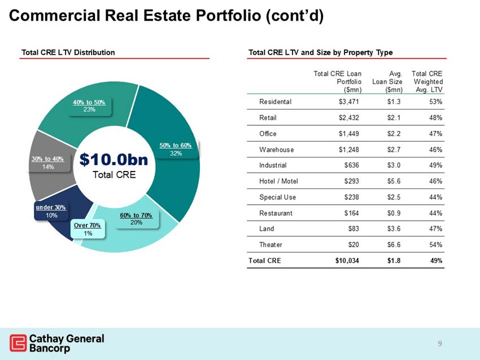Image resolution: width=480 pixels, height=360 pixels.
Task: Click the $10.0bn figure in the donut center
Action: pos(114,160)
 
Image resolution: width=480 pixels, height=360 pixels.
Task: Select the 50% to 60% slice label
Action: pos(176,149)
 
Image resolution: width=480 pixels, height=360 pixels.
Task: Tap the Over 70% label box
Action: pos(88,229)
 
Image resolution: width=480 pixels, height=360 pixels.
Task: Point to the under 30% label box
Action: pos(51,211)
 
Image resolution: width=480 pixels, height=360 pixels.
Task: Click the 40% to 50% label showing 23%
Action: pos(89,106)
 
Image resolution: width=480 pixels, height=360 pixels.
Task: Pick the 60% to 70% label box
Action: pos(136,219)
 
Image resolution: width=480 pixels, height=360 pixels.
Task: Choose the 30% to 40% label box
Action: pos(47,163)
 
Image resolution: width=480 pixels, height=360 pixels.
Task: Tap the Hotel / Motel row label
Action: pos(278,181)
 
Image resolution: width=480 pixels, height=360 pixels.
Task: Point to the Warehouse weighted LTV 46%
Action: pos(435,150)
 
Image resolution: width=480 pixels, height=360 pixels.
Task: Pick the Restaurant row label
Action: pos(276,213)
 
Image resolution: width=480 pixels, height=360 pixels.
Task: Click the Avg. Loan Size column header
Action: pos(387,81)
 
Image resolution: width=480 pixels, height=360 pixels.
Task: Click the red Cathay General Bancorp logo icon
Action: pos(18,343)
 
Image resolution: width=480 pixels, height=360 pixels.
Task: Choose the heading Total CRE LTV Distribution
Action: pos(68,52)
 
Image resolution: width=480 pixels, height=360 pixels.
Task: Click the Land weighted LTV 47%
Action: pos(435,229)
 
